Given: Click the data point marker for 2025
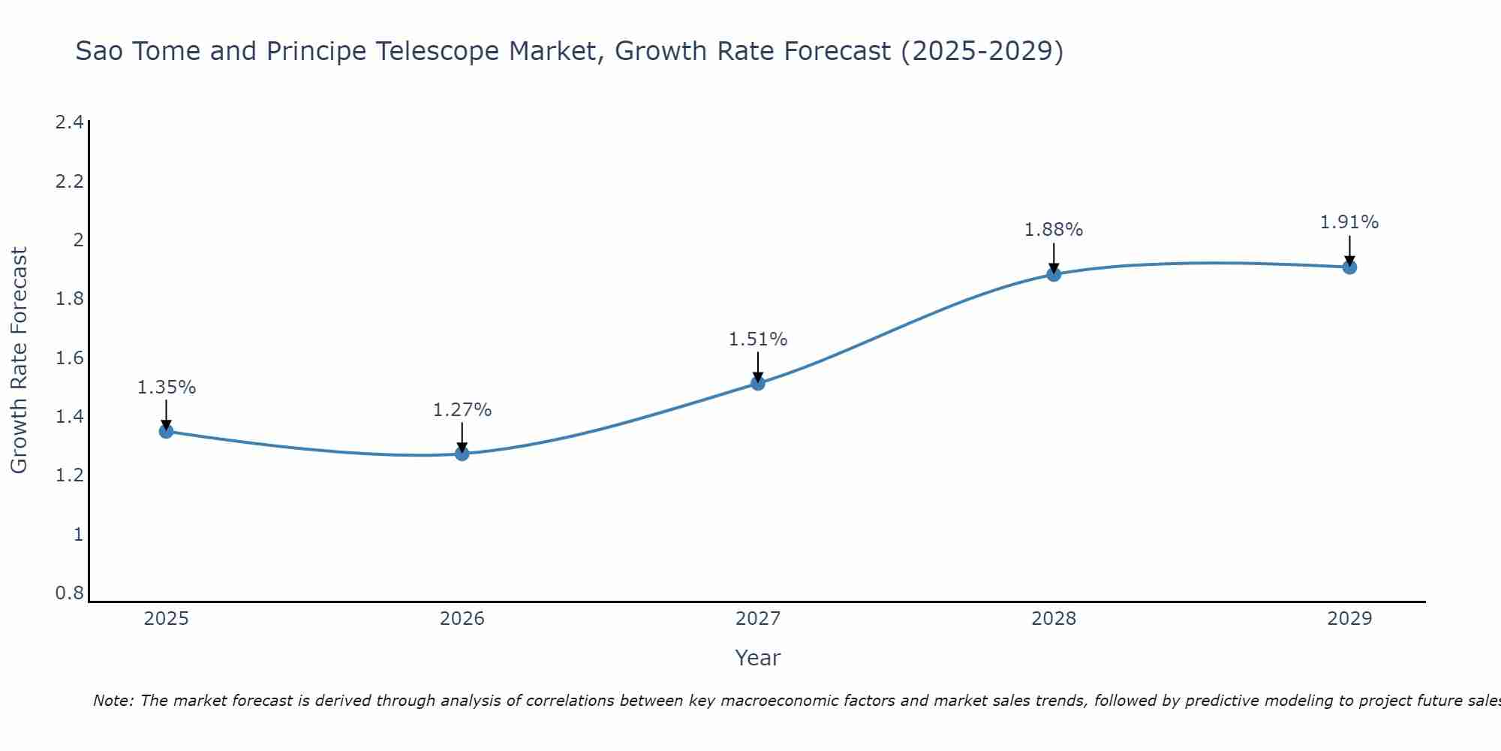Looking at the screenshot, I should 166,431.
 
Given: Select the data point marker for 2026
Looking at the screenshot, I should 462,454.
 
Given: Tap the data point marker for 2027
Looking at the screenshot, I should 758,383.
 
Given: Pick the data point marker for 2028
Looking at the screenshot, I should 1054,274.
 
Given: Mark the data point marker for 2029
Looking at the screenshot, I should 1349,267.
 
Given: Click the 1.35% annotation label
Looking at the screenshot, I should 166,388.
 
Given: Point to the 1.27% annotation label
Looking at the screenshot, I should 462,410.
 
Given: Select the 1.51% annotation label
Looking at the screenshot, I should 758,339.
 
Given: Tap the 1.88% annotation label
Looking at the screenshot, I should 1054,230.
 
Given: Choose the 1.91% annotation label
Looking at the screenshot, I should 1349,222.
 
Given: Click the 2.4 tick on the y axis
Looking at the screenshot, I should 69,122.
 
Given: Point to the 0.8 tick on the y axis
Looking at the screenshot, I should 69,593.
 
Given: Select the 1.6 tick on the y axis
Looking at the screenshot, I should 69,358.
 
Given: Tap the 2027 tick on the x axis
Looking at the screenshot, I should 758,619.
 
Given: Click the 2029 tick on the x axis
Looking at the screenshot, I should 1349,619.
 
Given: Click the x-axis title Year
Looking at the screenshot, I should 758,658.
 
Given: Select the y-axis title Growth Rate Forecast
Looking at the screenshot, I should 19,360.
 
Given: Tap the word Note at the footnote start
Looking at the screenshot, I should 113,701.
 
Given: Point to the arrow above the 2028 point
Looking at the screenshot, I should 1054,258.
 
